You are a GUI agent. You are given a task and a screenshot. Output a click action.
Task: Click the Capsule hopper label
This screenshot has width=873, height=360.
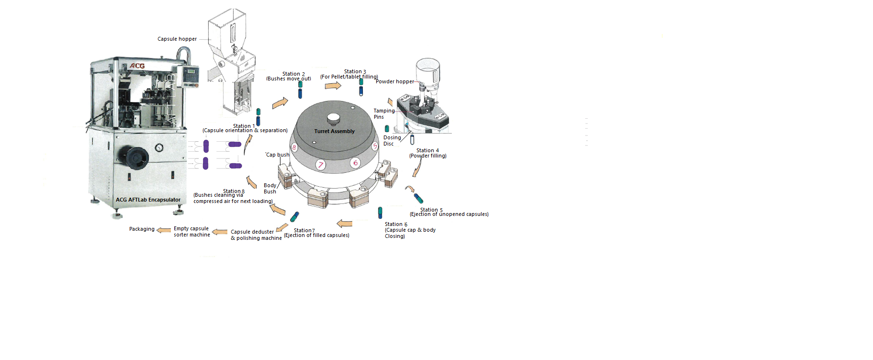(177, 39)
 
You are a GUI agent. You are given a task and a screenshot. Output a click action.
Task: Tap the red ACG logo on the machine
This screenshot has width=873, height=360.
(137, 66)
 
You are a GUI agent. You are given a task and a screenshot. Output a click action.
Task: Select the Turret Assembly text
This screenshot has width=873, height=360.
(334, 131)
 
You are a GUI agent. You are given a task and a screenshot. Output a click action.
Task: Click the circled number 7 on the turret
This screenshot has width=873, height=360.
(321, 165)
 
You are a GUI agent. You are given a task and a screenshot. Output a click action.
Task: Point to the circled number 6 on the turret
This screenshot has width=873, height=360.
(355, 163)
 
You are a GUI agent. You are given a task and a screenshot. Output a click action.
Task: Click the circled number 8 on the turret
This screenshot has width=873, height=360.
(294, 147)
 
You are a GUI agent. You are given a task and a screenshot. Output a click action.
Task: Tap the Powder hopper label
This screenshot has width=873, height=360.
(394, 82)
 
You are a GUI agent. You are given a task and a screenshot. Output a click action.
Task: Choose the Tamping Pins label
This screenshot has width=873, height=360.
(384, 114)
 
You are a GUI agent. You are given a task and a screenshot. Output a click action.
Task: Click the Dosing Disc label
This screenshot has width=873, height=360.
(392, 141)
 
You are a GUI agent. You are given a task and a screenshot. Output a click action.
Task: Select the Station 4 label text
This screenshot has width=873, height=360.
(427, 151)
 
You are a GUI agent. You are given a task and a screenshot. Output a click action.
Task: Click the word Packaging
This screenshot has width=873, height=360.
(142, 229)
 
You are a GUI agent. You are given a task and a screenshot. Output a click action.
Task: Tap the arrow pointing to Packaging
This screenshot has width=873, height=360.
(164, 230)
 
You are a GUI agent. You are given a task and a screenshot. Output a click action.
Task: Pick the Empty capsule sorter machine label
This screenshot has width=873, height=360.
(191, 232)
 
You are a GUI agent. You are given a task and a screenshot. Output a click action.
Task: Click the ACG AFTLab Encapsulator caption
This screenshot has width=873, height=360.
(148, 200)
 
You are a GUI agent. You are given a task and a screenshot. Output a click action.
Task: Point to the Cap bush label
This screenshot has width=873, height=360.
(278, 155)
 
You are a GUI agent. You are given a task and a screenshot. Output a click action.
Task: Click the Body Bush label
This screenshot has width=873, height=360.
(270, 189)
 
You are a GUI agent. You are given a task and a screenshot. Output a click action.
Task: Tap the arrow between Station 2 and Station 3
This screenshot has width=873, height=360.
(333, 86)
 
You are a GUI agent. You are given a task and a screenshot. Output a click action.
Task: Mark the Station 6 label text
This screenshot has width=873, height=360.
(396, 225)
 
